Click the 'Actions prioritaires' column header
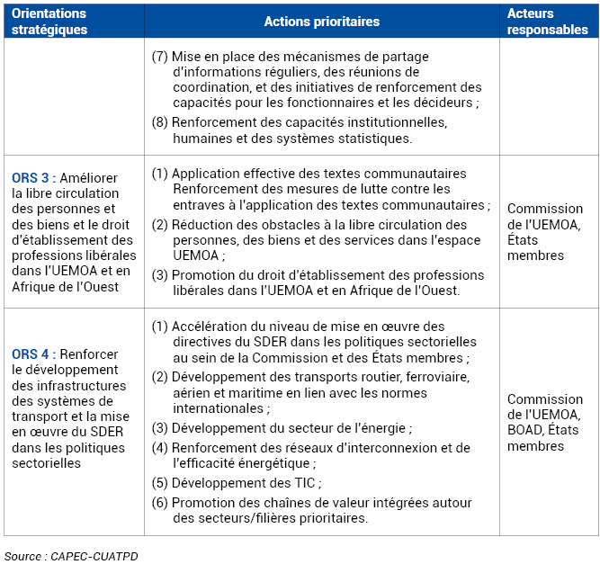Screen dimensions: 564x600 point(322,22)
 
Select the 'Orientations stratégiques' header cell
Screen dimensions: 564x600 point(49,22)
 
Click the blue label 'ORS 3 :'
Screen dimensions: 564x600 point(34,177)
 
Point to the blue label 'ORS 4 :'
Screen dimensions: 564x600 point(34,354)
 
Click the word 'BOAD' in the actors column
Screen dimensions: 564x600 point(527,430)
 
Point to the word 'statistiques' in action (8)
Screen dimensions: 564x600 point(375,139)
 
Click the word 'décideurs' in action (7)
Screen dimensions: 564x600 point(445,103)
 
